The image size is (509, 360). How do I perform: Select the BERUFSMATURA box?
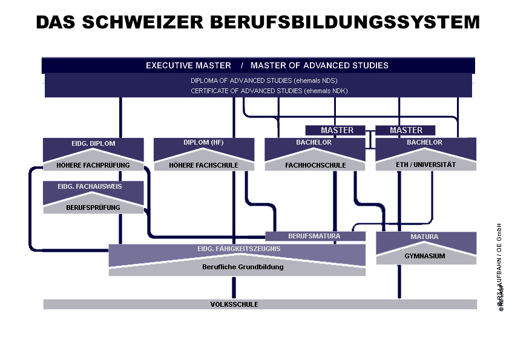(314, 236)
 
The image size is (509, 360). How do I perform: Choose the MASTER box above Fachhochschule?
(337, 130)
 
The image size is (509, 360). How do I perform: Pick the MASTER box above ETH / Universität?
(406, 130)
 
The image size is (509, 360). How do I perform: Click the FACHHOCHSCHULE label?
(315, 165)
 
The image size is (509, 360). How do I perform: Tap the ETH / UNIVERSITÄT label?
(425, 165)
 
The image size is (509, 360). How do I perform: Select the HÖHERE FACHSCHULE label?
(203, 165)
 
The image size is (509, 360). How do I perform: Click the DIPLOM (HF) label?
(203, 143)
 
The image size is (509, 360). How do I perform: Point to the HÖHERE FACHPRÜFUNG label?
(93, 165)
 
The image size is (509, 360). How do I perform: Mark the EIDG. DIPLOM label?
(94, 144)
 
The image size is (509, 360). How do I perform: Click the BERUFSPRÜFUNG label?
(93, 208)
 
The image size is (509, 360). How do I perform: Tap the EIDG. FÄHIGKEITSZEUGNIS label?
(237, 248)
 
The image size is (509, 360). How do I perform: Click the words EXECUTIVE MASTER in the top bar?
(188, 65)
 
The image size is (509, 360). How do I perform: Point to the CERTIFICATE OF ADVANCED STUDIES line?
(269, 91)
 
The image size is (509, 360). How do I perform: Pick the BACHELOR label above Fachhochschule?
(314, 143)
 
